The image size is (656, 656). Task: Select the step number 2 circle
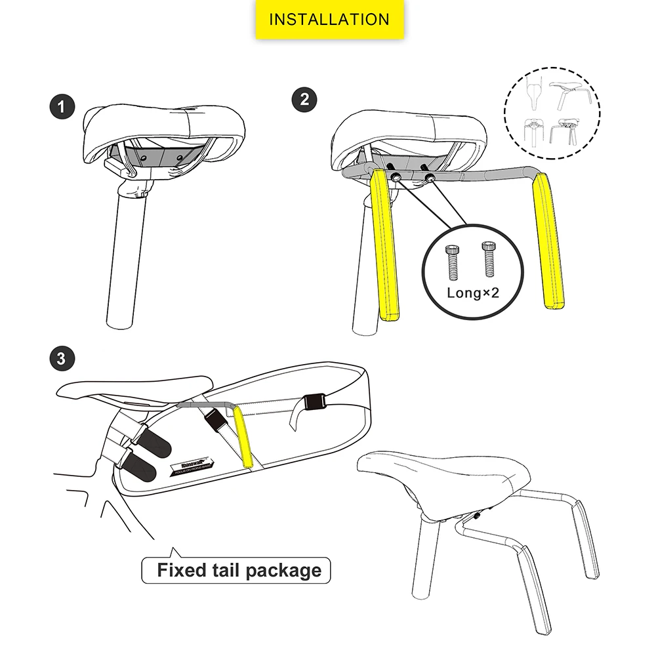(x=304, y=100)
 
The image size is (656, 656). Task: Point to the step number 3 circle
(x=62, y=359)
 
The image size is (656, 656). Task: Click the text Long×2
(x=472, y=293)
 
